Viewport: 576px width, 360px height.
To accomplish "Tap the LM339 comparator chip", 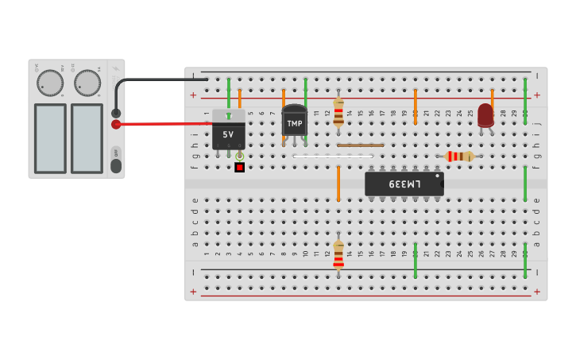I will (404, 184).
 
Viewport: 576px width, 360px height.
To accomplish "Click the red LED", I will (485, 114).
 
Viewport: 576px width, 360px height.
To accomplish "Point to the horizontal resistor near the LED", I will (460, 157).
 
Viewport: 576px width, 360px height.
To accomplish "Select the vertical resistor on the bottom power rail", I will (338, 255).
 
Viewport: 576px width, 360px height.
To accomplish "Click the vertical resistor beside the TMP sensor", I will (338, 111).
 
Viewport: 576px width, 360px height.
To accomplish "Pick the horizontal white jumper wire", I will (333, 157).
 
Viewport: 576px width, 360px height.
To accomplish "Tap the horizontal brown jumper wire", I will (360, 145).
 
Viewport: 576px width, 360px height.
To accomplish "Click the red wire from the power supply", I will (167, 124).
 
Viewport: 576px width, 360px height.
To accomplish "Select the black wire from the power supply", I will (159, 79).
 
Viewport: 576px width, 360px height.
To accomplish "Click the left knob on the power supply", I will (49, 83).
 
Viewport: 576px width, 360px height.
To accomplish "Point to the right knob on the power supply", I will (87, 83).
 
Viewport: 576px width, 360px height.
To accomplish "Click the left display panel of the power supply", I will (50, 138).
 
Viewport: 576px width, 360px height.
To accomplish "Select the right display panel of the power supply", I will (87, 138).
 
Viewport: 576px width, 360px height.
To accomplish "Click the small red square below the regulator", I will (239, 168).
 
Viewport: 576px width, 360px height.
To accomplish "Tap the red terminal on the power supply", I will (116, 124).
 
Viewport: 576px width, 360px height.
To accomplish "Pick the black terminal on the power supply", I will (116, 113).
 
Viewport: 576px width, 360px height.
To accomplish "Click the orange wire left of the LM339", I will (338, 183).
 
